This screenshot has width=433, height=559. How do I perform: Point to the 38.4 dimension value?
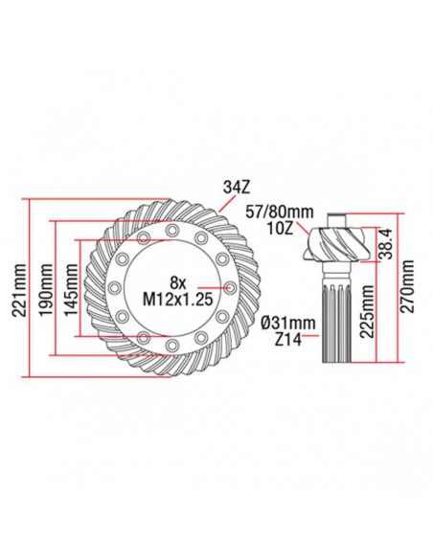tap(383, 244)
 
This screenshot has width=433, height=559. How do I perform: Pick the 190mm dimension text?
tap(45, 287)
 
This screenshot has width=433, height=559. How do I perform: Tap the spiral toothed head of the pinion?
tap(336, 244)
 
